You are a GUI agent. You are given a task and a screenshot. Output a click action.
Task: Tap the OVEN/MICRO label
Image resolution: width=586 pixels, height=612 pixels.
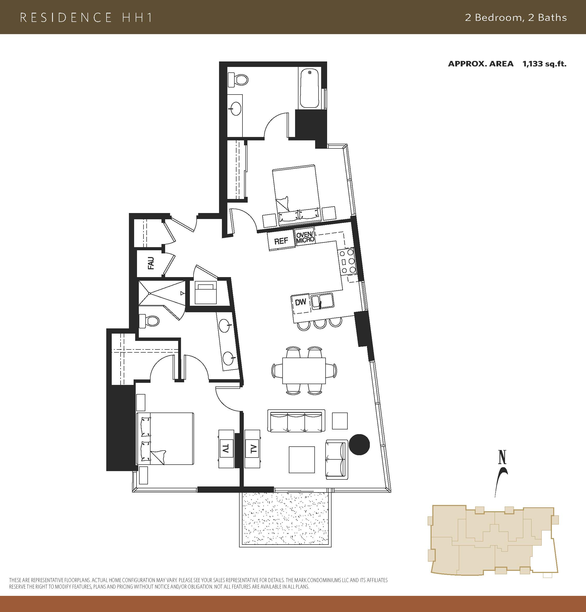tap(305, 238)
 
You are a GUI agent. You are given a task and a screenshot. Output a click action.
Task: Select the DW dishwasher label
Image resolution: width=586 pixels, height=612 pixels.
tap(301, 302)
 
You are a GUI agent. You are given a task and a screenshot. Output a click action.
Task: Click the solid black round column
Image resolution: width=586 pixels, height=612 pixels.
tap(359, 444)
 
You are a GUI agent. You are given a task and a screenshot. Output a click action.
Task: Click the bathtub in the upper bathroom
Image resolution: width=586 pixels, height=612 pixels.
tap(309, 88)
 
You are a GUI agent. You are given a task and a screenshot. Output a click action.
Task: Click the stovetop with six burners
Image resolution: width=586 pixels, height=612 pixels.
tap(347, 261)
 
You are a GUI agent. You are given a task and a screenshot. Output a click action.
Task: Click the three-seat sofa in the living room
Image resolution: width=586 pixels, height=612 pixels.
tap(296, 421)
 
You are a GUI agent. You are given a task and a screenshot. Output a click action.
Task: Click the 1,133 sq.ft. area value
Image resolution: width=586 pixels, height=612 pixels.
tap(545, 64)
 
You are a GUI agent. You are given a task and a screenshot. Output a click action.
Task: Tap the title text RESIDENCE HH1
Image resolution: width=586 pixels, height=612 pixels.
tap(86, 17)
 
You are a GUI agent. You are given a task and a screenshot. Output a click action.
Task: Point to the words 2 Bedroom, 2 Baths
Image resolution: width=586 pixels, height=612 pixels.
tap(516, 17)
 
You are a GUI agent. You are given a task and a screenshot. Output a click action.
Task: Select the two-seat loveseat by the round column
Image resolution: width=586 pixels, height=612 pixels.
tap(337, 459)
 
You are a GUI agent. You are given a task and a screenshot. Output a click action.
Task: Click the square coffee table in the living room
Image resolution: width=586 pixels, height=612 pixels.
tap(302, 460)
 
